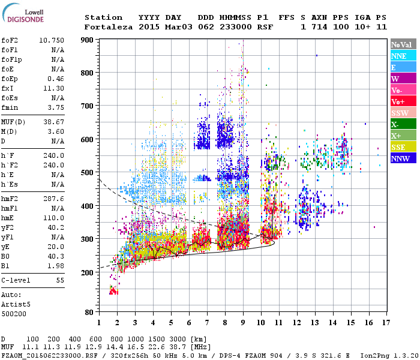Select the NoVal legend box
point(403,44)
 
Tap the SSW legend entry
point(403,113)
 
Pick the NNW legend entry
point(403,158)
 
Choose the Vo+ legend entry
point(403,101)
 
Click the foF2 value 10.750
point(52,40)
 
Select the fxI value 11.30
point(54,88)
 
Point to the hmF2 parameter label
point(10,198)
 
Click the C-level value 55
point(60,280)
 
